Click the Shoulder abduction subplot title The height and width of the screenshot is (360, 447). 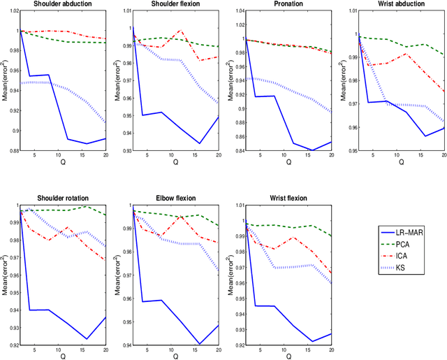click(57, 3)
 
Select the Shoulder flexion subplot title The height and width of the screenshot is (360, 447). click(168, 3)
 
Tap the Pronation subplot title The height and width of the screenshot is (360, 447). click(279, 3)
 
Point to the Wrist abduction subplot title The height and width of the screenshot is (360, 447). click(391, 3)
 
